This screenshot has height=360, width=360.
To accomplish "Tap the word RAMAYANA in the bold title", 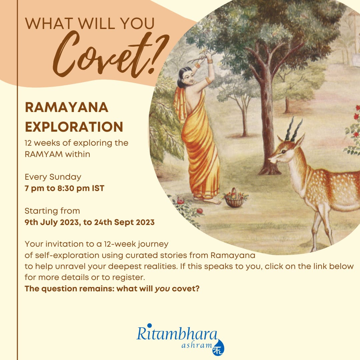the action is pyautogui.click(x=67, y=107).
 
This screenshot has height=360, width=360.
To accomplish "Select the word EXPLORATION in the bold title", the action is pyautogui.click(x=74, y=127).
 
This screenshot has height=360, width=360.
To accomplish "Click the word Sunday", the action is pyautogui.click(x=65, y=177).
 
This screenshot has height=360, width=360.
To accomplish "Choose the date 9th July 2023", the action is pyautogui.click(x=52, y=222).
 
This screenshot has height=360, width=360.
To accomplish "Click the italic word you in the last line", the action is pyautogui.click(x=162, y=289).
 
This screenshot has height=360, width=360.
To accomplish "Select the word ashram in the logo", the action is pyautogui.click(x=197, y=345).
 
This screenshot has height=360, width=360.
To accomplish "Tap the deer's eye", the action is pyautogui.click(x=284, y=151).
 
